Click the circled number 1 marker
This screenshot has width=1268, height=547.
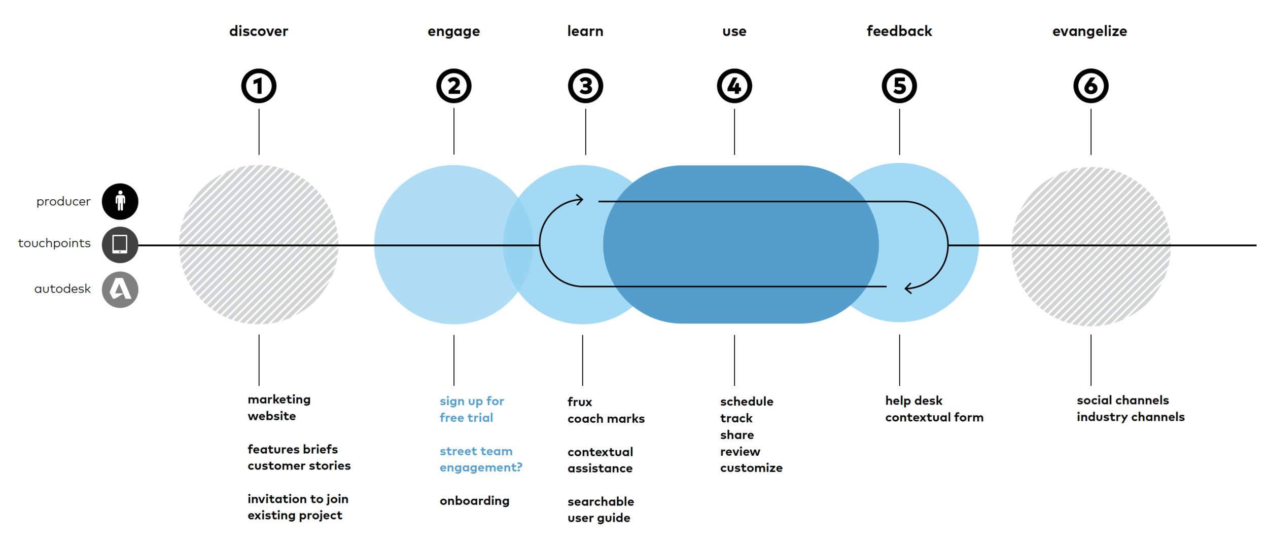tap(259, 86)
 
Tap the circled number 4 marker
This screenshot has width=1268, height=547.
tap(734, 86)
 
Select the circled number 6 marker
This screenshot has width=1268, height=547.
tap(1090, 86)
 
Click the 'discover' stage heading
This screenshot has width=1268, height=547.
tap(259, 31)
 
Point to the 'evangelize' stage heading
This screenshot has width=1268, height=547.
tap(1089, 31)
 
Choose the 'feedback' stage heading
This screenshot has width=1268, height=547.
tap(899, 31)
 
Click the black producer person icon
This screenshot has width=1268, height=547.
tap(120, 201)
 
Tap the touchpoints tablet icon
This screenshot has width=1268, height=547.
tap(120, 244)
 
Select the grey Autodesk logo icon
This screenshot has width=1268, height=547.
tap(120, 289)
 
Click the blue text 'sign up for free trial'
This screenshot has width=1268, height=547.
tap(472, 409)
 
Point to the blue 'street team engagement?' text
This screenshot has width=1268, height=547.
tap(480, 459)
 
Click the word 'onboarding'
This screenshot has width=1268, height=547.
tap(474, 501)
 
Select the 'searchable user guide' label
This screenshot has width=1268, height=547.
tap(601, 509)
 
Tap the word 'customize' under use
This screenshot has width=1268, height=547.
tap(751, 468)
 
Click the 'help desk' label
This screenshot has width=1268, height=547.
tap(913, 400)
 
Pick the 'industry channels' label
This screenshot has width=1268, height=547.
tap(1131, 417)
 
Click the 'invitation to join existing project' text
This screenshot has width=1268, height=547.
tap(298, 507)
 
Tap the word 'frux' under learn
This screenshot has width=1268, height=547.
tap(580, 402)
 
